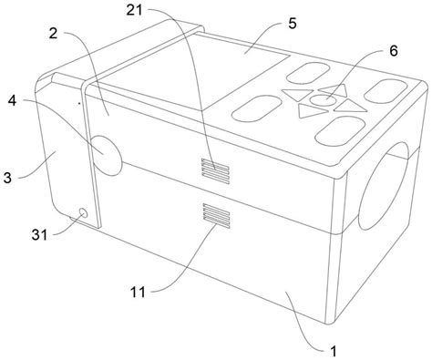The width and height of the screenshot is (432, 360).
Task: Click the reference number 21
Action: click(134, 10)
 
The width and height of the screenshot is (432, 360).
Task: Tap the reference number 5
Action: click(293, 24)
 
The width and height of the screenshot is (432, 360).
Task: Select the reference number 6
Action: click(394, 51)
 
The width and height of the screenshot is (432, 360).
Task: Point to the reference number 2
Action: click(53, 34)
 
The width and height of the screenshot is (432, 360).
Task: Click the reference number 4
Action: click(12, 101)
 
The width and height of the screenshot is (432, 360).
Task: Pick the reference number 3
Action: click(7, 178)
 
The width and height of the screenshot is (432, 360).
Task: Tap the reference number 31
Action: click(40, 235)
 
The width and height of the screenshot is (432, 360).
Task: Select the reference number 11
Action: click(138, 293)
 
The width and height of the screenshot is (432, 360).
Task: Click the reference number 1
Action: click(334, 352)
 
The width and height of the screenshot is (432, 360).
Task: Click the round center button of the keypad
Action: click(323, 99)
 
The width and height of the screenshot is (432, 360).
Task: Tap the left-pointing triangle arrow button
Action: click(297, 94)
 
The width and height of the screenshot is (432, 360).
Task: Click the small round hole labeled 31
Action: click(83, 213)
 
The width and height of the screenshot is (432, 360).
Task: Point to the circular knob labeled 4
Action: click(107, 155)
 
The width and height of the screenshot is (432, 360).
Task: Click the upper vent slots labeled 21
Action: click(215, 171)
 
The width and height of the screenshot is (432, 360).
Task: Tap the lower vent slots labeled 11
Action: click(216, 215)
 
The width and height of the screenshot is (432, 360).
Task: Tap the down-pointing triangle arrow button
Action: click(313, 110)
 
